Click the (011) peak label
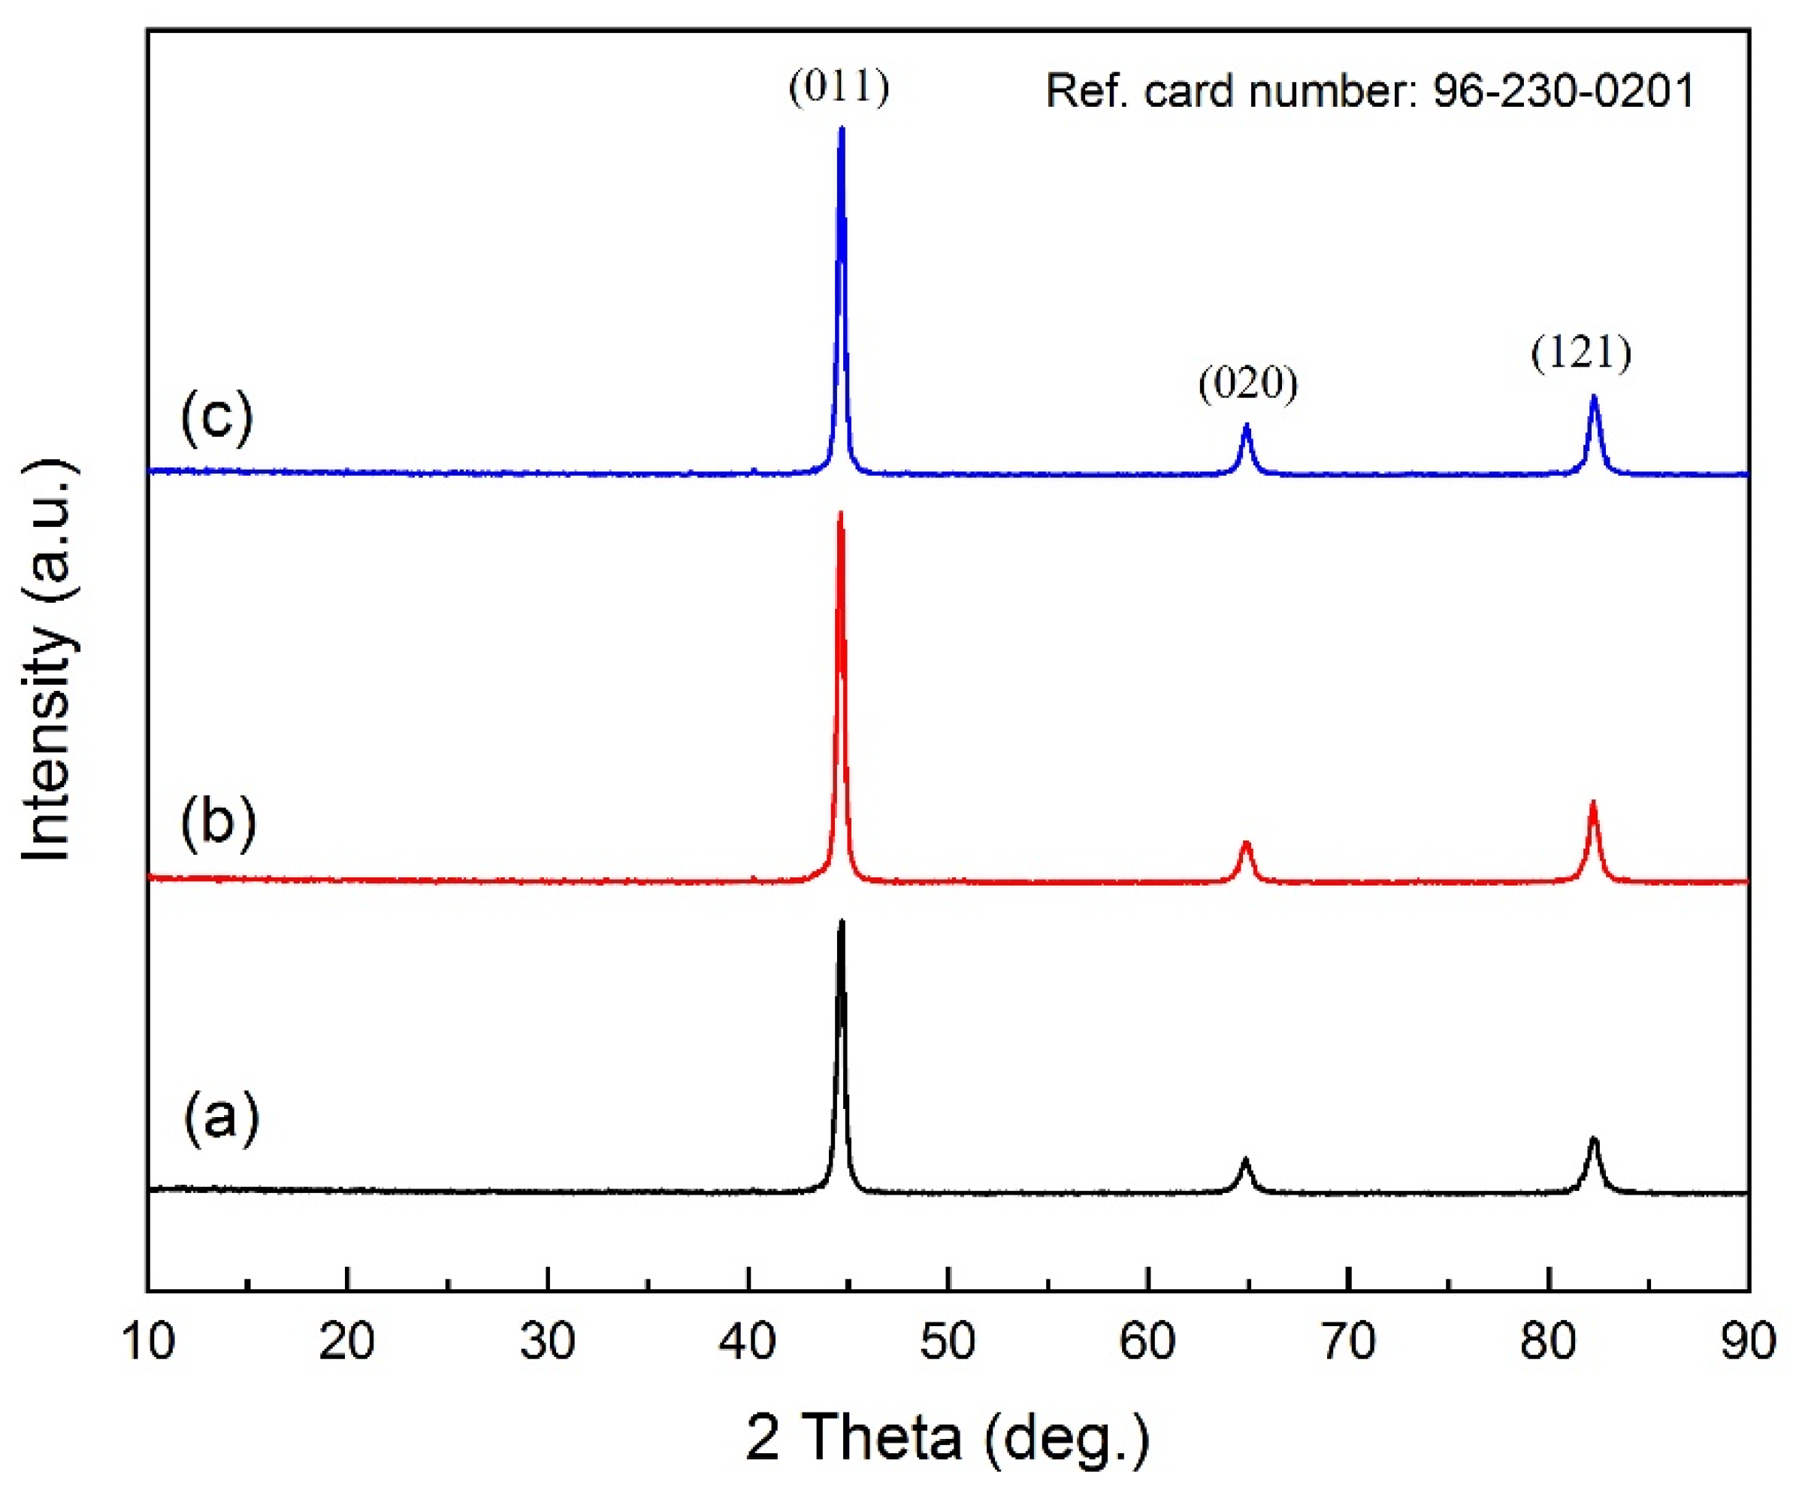(x=839, y=87)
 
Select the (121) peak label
(x=1581, y=353)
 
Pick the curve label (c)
(x=217, y=416)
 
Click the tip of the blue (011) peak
(x=842, y=130)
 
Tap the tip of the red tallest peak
(x=840, y=514)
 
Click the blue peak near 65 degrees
(x=1246, y=427)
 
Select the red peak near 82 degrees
(x=1592, y=805)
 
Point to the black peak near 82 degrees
(x=1592, y=1140)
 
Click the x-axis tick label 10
(x=149, y=1341)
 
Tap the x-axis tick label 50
(x=948, y=1341)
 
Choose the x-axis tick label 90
(x=1747, y=1341)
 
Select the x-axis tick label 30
(x=547, y=1341)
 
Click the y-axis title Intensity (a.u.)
(x=47, y=660)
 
